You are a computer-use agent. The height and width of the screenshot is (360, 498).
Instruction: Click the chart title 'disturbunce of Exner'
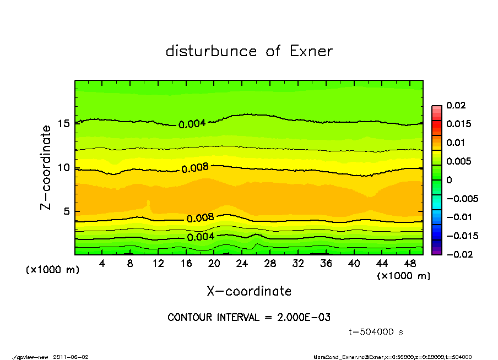(x=249, y=51)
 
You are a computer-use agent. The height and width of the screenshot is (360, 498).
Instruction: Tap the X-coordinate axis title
(x=249, y=291)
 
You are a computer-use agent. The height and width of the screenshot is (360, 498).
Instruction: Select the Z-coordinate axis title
(x=46, y=167)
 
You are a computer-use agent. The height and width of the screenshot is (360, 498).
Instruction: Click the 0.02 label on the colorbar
(x=456, y=105)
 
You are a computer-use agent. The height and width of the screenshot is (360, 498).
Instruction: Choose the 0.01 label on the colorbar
(x=456, y=143)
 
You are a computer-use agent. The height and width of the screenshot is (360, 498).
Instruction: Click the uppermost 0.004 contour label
(x=192, y=124)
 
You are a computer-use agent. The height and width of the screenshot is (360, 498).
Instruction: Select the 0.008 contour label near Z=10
(x=196, y=167)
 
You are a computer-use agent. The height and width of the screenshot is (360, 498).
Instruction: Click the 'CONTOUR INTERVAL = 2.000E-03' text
(x=249, y=318)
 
